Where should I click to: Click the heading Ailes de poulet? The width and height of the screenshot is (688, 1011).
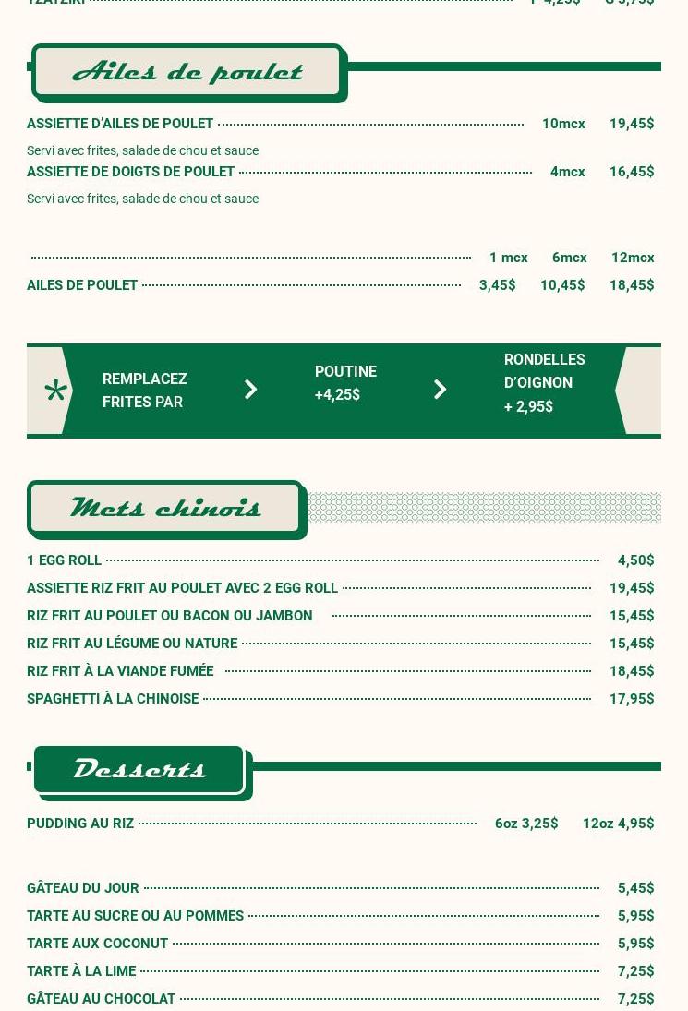(187, 72)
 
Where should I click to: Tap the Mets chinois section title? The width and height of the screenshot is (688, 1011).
(166, 508)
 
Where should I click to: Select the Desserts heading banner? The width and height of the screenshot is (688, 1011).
(139, 769)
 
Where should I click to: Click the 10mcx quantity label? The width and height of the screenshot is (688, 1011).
(563, 124)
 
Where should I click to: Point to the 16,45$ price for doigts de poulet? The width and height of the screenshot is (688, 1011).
(632, 172)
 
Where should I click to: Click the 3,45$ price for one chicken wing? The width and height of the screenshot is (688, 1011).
(497, 285)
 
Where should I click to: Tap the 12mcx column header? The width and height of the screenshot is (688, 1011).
(633, 258)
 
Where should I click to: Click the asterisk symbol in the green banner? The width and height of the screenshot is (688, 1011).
(55, 391)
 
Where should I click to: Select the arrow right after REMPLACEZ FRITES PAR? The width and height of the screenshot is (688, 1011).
(250, 390)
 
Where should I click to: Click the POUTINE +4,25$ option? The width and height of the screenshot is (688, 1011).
(344, 383)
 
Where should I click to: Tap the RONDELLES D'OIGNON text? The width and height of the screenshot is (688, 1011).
(544, 371)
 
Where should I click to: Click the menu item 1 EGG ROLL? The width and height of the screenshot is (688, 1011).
(64, 560)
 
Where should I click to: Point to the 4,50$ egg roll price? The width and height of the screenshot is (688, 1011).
(635, 560)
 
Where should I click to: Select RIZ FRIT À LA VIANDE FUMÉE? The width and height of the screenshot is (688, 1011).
(120, 671)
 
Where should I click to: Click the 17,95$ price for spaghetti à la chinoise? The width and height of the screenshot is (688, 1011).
(632, 699)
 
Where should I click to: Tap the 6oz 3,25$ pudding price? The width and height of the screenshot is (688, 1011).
(526, 824)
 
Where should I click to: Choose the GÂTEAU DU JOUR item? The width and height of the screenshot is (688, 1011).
(83, 888)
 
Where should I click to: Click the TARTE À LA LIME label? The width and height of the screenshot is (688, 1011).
(81, 971)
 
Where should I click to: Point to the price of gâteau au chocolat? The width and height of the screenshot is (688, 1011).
(635, 999)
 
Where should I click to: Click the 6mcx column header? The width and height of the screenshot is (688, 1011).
(570, 258)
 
